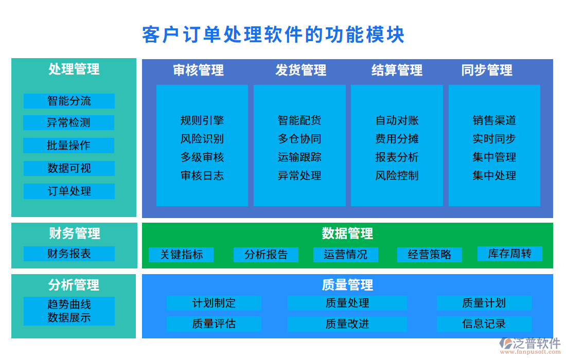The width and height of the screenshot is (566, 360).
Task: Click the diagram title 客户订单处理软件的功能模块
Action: click(273, 35)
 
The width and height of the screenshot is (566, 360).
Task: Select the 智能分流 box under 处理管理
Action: click(69, 101)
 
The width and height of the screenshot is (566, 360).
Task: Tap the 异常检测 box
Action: click(69, 123)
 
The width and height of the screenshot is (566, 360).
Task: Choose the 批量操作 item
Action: click(69, 146)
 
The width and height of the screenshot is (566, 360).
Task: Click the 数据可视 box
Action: click(69, 169)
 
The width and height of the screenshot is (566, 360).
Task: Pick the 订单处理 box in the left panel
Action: click(69, 191)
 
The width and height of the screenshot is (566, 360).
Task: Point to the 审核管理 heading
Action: click(199, 70)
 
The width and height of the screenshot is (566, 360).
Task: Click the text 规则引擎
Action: click(202, 120)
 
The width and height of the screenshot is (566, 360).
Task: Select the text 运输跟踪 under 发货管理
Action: click(299, 157)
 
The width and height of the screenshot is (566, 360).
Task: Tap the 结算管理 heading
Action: click(397, 70)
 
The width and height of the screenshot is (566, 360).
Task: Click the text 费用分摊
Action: click(397, 139)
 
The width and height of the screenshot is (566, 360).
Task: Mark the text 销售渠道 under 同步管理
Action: click(494, 120)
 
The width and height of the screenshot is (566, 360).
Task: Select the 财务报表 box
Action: click(69, 254)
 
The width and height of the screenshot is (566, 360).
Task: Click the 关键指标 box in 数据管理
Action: click(181, 255)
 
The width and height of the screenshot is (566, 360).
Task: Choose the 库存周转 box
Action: click(509, 254)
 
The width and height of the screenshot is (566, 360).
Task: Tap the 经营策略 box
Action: click(429, 255)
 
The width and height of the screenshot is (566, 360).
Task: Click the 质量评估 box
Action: click(214, 324)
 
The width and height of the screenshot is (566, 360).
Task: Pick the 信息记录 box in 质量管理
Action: click(484, 324)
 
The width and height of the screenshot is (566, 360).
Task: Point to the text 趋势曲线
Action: click(69, 304)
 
